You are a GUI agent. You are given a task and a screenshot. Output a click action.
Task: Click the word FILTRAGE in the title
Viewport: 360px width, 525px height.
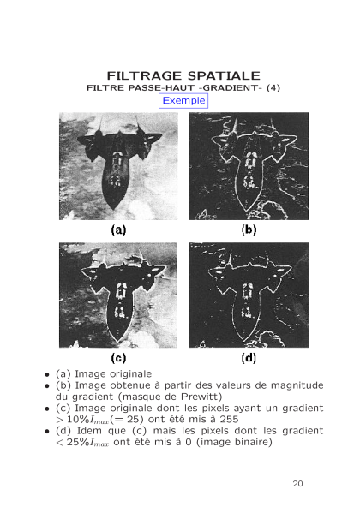144,75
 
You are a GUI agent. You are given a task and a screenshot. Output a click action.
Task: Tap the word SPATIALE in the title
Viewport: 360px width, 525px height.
224,75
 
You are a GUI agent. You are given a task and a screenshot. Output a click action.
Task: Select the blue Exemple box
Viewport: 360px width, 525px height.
183,100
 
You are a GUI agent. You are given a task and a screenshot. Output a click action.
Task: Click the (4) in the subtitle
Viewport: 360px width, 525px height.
273,87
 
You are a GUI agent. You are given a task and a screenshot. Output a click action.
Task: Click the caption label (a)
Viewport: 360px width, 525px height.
118,230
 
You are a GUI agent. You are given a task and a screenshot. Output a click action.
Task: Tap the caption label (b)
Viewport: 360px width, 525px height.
249,230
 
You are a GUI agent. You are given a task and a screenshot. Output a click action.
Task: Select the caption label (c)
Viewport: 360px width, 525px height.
118,358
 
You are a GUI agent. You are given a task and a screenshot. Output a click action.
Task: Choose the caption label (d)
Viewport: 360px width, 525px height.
249,358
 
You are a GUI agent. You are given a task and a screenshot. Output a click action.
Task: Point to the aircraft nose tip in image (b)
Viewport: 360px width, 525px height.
247,211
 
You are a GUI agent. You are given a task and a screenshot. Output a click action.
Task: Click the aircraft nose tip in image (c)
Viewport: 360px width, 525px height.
118,342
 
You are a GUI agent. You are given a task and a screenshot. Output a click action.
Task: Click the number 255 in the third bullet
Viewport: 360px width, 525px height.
229,419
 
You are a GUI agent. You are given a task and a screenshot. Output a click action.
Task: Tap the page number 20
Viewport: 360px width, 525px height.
297,484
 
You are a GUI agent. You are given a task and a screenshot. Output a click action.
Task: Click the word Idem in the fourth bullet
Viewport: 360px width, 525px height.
89,431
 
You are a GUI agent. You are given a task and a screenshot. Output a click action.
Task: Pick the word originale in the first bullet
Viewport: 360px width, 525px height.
131,374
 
